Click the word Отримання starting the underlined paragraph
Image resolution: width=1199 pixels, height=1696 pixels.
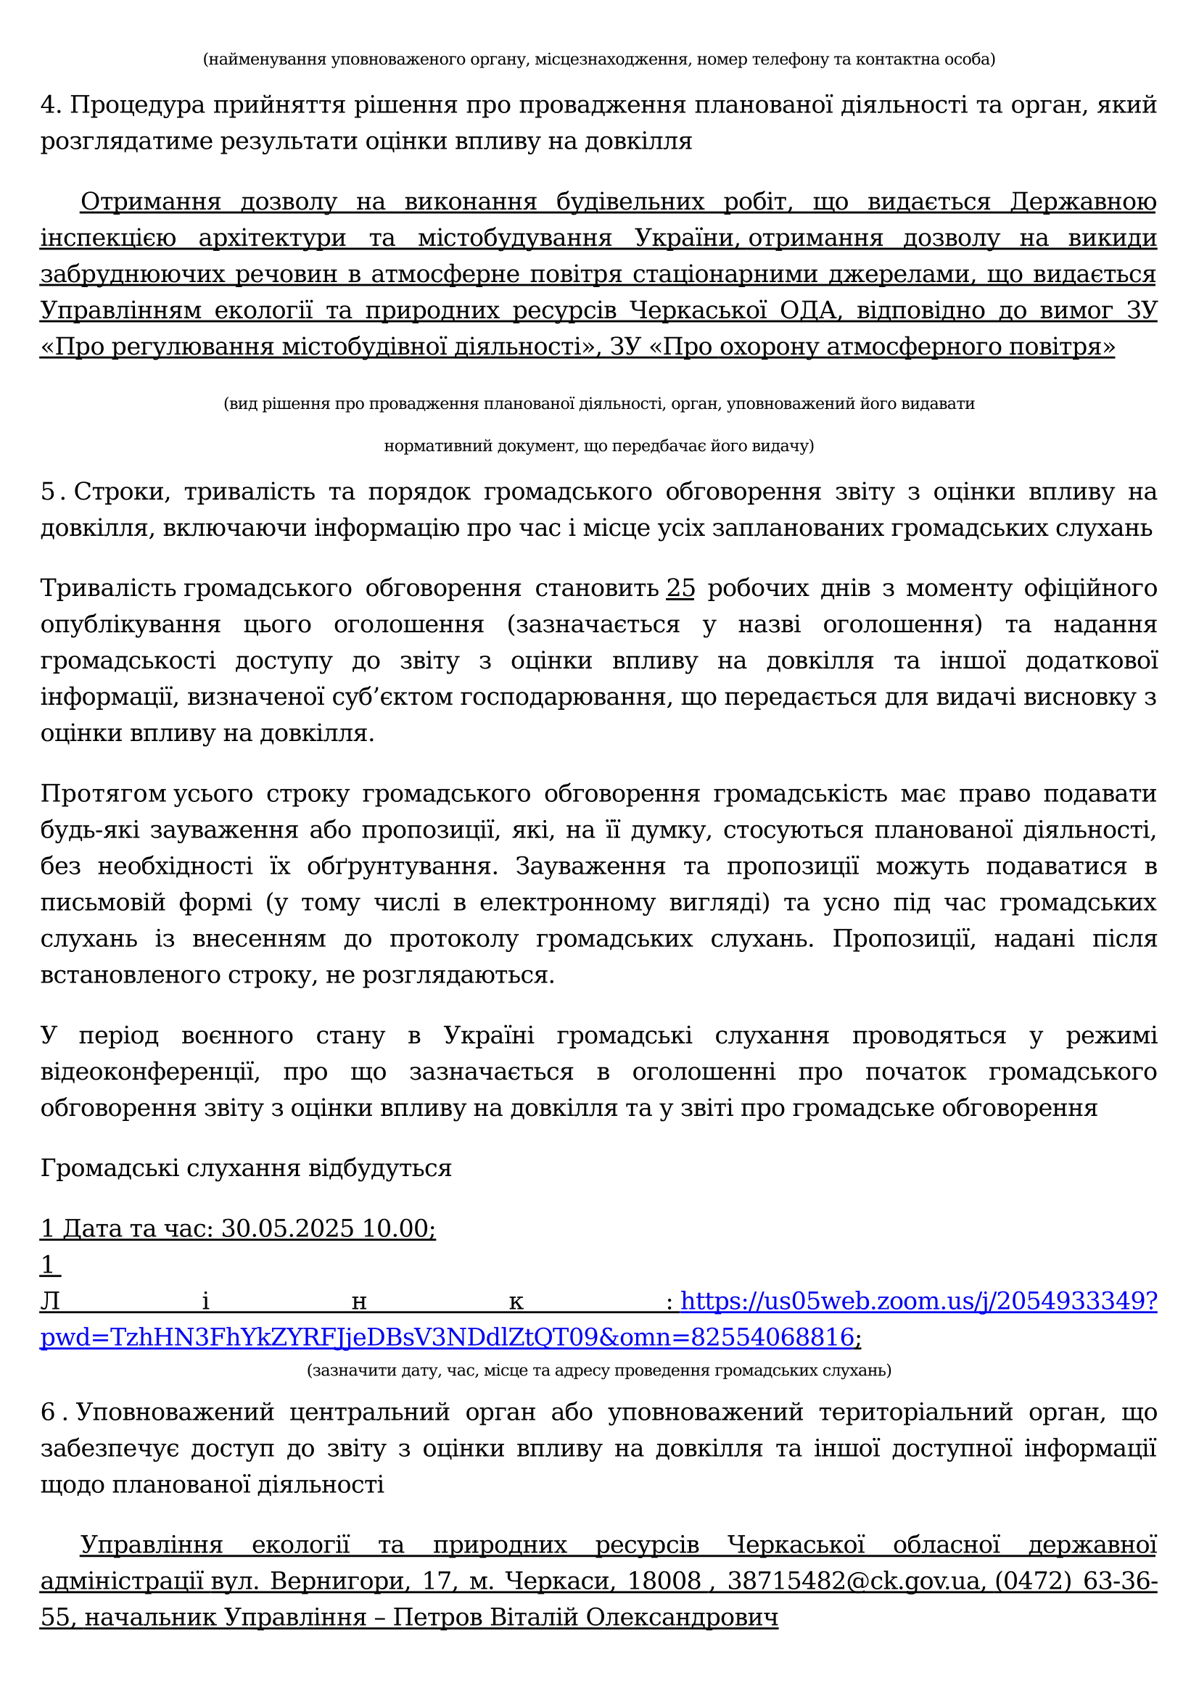[x=150, y=202]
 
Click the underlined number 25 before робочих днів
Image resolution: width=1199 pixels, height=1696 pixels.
[x=680, y=588]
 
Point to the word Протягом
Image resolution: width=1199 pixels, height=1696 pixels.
[x=103, y=793]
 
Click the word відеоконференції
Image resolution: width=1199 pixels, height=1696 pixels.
[x=150, y=1072]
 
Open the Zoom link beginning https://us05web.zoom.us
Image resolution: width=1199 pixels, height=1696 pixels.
[x=918, y=1301]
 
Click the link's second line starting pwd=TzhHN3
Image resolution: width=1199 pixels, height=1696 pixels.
[x=447, y=1337]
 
